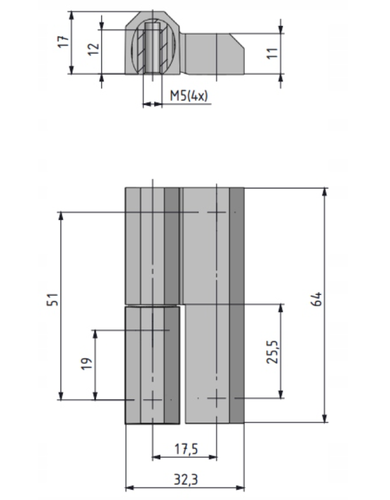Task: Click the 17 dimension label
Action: (x=63, y=42)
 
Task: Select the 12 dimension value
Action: (x=93, y=49)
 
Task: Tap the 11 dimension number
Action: (x=272, y=53)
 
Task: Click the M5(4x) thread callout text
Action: (x=189, y=96)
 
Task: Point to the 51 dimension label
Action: (x=53, y=299)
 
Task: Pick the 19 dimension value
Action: (x=86, y=364)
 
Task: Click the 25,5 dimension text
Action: (x=272, y=352)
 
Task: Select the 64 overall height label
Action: (x=316, y=299)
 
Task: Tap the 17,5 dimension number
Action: (x=186, y=449)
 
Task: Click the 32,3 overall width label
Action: (x=186, y=480)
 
